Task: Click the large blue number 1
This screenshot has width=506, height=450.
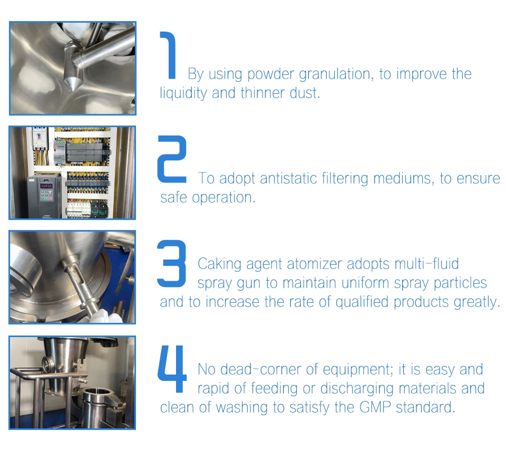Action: (170, 55)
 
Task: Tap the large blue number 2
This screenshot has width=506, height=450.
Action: (171, 159)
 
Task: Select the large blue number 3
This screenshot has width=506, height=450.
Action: (171, 263)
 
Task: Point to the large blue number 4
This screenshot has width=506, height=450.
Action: (172, 369)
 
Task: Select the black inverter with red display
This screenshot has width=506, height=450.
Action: (45, 195)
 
